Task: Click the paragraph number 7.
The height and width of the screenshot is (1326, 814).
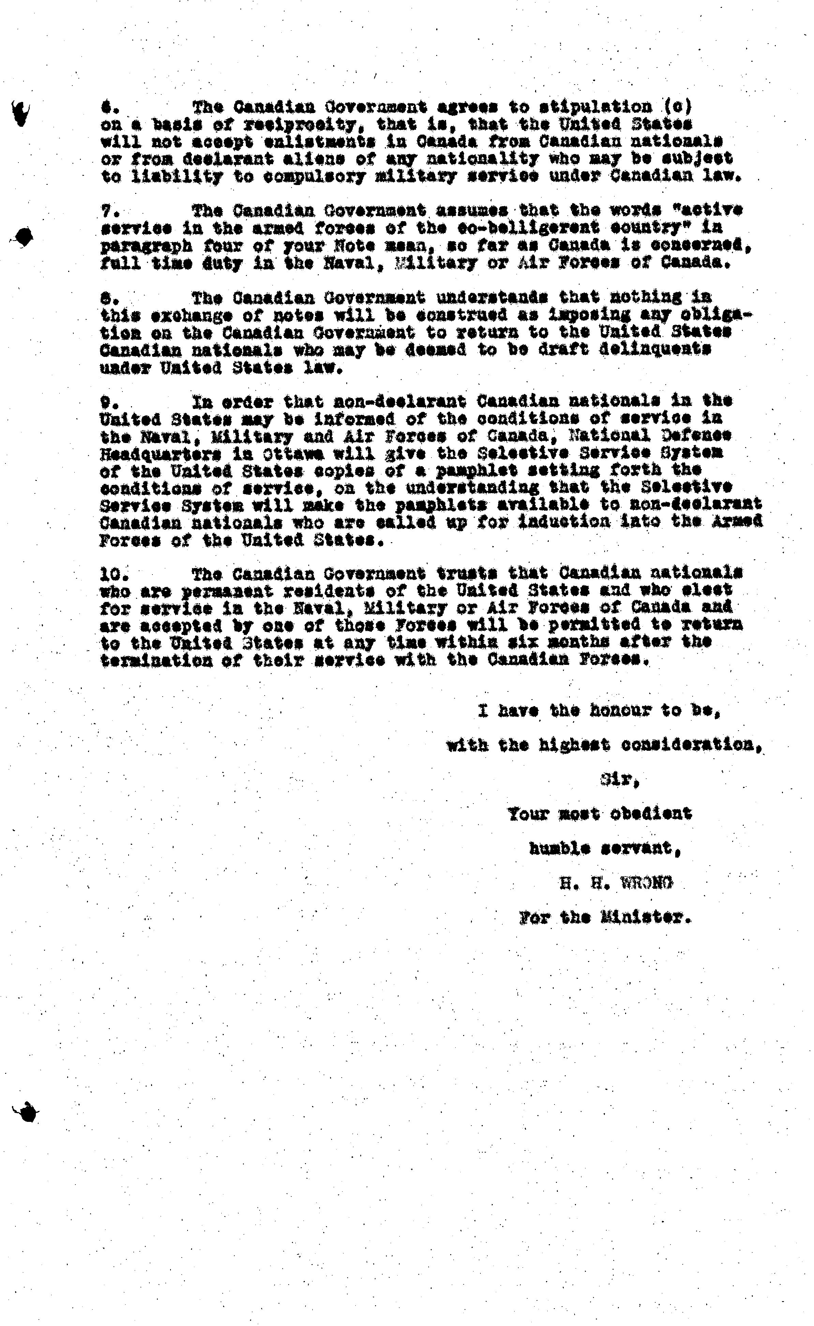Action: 108,210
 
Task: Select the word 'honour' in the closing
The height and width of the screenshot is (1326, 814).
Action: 620,711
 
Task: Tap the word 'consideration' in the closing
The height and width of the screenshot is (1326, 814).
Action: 688,745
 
